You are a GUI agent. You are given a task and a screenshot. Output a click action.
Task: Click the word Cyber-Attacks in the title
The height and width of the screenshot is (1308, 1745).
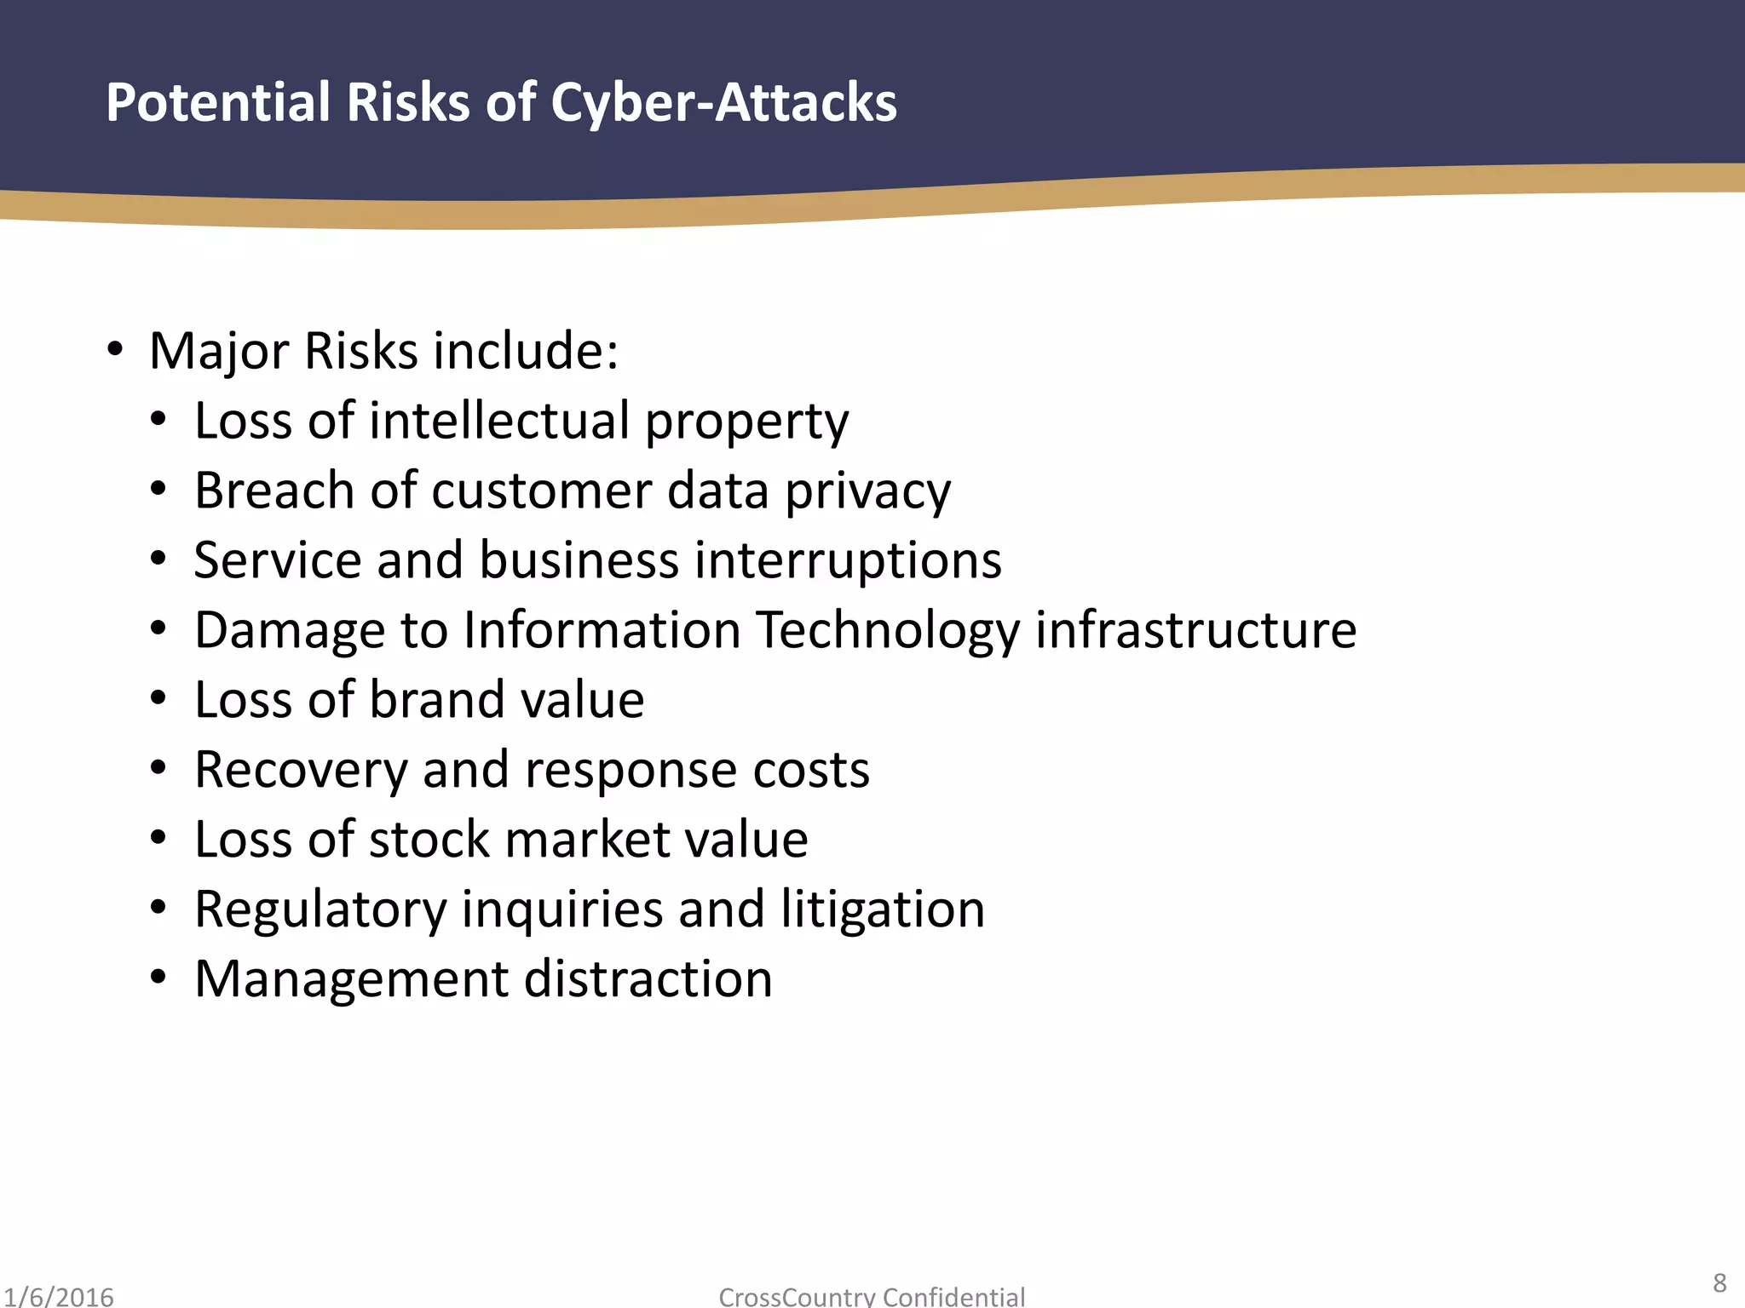point(723,103)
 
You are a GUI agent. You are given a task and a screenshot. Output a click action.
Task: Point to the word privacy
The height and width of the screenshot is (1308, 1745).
point(867,492)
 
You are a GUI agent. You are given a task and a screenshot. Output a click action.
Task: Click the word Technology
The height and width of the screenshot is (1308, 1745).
point(888,631)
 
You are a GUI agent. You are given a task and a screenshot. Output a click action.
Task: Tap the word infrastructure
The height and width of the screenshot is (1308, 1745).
point(1195,630)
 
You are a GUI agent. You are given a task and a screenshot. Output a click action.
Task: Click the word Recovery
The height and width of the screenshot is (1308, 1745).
point(302,770)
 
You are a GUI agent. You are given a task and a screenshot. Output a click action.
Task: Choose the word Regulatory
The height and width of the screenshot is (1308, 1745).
point(320,909)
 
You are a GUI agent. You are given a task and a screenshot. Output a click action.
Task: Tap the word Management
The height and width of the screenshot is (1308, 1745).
point(352,979)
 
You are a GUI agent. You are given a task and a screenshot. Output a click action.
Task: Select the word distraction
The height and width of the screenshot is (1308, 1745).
point(648,979)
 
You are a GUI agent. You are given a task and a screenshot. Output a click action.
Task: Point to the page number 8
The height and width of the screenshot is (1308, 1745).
point(1719,1282)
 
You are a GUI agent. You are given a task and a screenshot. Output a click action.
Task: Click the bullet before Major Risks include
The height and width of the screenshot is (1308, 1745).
point(115,350)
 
